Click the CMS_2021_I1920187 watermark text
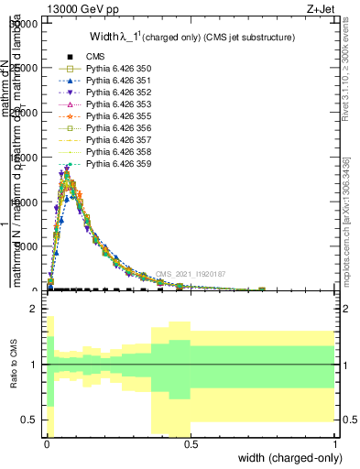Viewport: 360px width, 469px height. click(190, 274)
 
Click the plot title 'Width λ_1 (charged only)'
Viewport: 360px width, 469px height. click(192, 38)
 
